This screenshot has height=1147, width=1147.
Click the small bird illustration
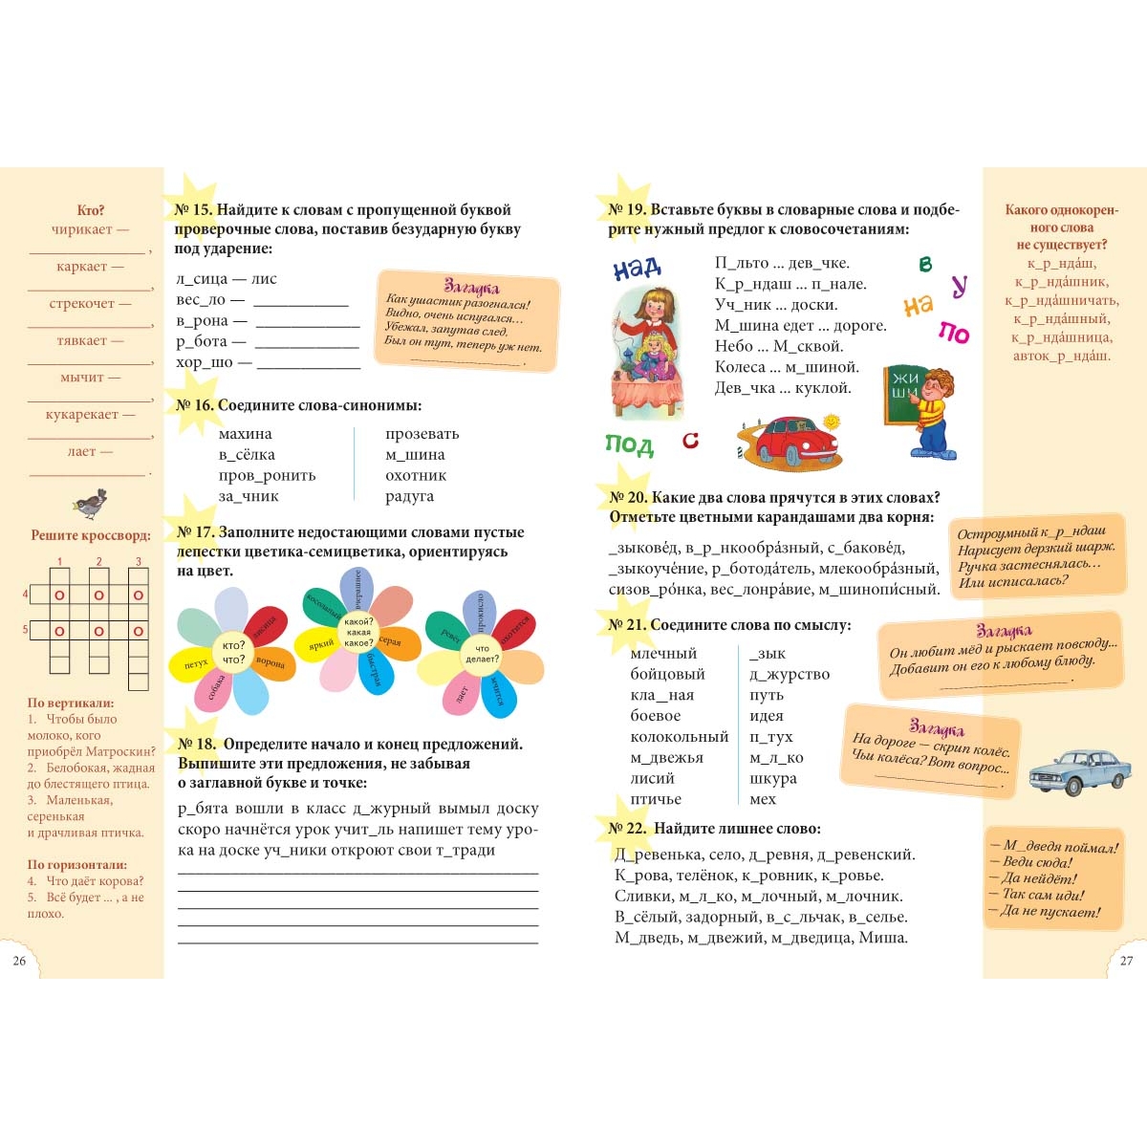coord(91,503)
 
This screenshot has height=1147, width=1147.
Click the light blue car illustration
coord(1066,771)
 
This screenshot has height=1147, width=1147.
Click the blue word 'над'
coord(637,269)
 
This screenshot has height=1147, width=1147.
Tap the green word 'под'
coord(629,444)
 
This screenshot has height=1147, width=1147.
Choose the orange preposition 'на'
coord(918,306)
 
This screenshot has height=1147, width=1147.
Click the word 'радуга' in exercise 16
coord(409,496)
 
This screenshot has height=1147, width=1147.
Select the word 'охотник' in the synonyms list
coord(416,475)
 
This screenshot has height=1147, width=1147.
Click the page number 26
coord(19,961)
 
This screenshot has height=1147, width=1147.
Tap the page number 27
coord(1126,961)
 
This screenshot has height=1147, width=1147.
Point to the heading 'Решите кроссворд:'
coord(91,535)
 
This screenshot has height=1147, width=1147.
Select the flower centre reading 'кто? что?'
coord(234,652)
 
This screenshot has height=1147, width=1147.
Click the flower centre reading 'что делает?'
coord(482,653)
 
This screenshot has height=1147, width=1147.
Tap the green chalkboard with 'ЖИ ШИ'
coord(903,392)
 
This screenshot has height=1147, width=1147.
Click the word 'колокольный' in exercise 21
coord(679,737)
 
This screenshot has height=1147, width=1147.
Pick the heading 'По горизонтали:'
coord(76,864)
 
